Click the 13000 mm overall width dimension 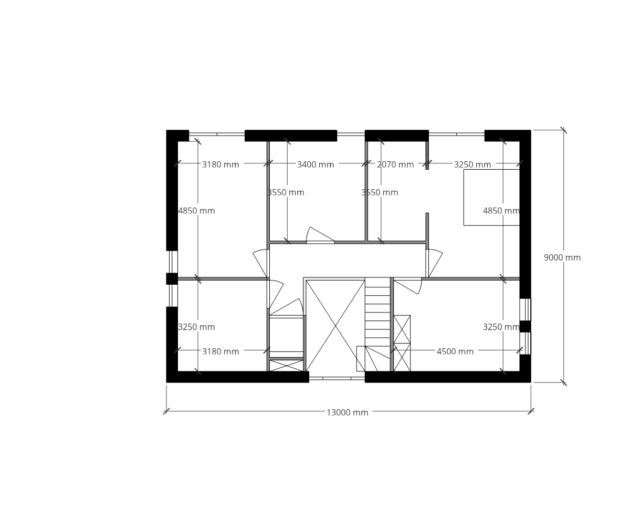pos(348,412)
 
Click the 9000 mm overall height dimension pos(562,257)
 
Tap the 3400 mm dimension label pos(316,164)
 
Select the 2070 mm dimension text pos(395,164)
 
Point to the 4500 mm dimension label pos(455,351)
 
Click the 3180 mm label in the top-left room pos(220,164)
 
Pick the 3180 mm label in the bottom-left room pos(220,351)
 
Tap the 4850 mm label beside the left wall pos(196,211)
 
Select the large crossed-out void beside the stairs pos(335,326)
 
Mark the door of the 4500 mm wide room pos(408,286)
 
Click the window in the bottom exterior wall pos(337,379)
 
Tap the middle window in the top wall pos(351,134)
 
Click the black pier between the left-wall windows pos(172,278)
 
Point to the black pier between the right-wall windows pos(525,326)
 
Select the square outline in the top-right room pos(491,198)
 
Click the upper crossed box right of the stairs pos(402,329)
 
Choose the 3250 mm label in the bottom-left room pos(196,327)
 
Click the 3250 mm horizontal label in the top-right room pos(472,164)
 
